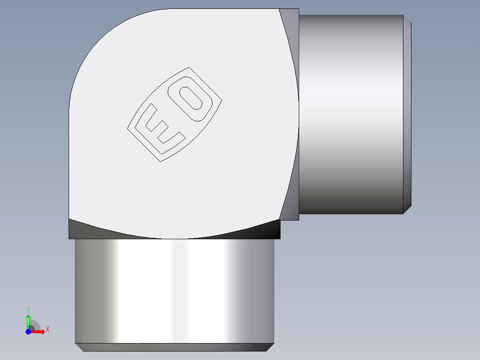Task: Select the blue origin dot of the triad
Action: [x=28, y=331]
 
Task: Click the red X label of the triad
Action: [x=48, y=330]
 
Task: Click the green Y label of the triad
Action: [x=28, y=309]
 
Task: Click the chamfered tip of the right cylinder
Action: [x=407, y=114]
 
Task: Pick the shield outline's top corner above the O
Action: [x=189, y=68]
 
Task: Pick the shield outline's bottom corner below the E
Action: [x=160, y=161]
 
